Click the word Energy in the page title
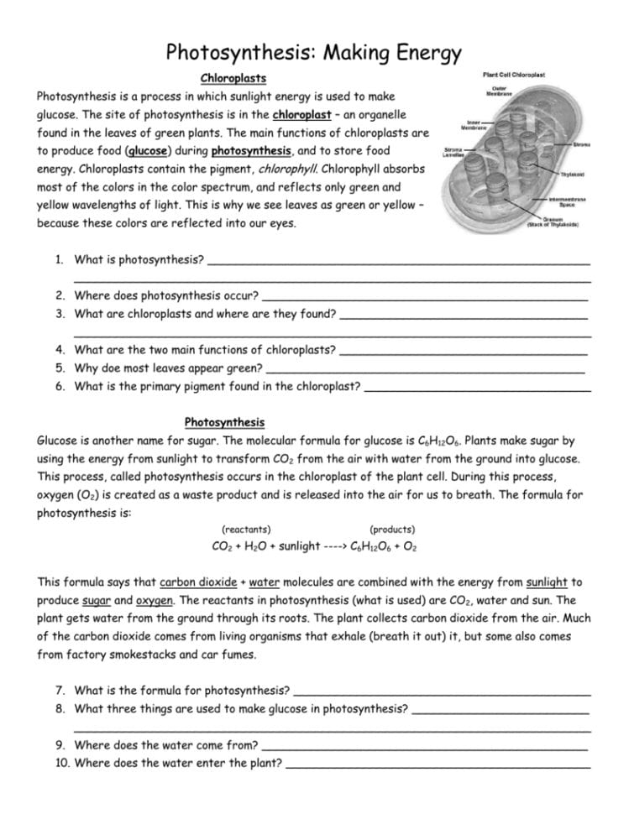pyautogui.click(x=417, y=54)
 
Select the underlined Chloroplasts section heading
pyautogui.click(x=233, y=78)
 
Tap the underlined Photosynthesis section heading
pyautogui.click(x=224, y=422)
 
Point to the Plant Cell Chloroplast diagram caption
pyautogui.click(x=514, y=75)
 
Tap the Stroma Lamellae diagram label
pyautogui.click(x=454, y=153)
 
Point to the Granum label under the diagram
pyautogui.click(x=552, y=222)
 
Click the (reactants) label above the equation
pyautogui.click(x=246, y=530)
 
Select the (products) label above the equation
pyautogui.click(x=392, y=530)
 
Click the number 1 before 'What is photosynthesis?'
pyautogui.click(x=60, y=259)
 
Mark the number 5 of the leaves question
pyautogui.click(x=60, y=368)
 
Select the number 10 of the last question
pyautogui.click(x=62, y=763)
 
